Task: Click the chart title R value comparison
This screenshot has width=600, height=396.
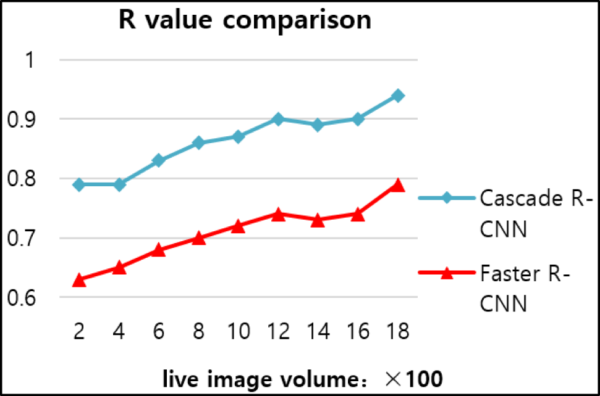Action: click(x=245, y=21)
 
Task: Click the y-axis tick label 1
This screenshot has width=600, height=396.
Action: click(x=32, y=60)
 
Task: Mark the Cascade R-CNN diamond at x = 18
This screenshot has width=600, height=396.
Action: click(x=399, y=96)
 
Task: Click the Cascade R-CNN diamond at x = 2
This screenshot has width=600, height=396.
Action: click(x=79, y=184)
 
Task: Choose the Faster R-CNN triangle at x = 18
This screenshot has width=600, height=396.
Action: click(x=399, y=185)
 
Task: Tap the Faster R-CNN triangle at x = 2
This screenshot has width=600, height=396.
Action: click(x=79, y=280)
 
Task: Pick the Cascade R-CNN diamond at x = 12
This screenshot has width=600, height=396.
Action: click(x=279, y=119)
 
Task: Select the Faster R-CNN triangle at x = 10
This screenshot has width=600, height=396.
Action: click(x=239, y=226)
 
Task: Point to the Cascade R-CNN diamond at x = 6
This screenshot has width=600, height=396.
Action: click(x=159, y=161)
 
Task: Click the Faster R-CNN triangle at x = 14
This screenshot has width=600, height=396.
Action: click(x=318, y=220)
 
